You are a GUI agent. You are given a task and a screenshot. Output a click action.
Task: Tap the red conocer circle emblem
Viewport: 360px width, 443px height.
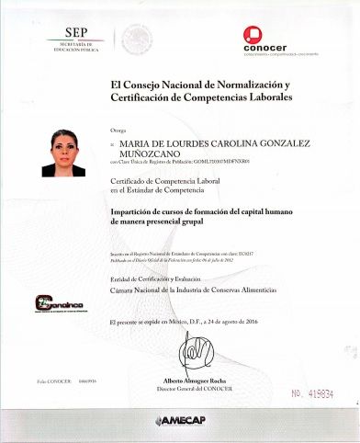point(252,34)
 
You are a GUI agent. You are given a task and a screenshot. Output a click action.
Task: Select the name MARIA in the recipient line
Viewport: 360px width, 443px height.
point(135,144)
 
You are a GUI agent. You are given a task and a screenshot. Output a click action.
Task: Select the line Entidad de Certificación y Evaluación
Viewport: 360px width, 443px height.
point(163,279)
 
